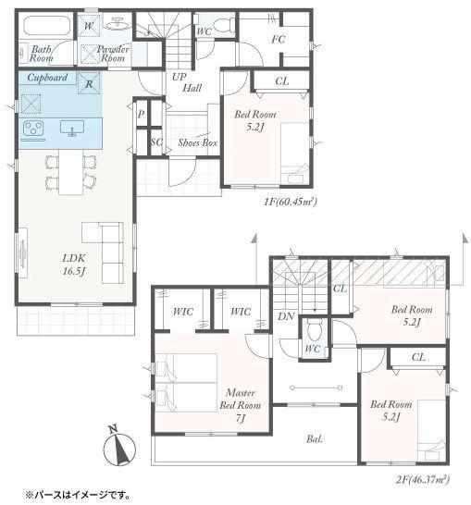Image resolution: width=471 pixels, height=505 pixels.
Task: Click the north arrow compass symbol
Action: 119,447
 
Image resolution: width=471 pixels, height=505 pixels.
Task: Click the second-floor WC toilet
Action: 313,329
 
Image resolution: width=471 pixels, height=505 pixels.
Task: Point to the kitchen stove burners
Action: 33,128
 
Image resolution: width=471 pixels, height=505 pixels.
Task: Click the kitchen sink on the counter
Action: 72,128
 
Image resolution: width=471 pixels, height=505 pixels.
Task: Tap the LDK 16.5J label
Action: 74,265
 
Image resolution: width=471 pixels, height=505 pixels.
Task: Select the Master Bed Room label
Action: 241,405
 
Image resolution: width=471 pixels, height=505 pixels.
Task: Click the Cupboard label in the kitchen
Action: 47,78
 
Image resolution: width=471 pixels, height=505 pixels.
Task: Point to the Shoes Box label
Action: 198,142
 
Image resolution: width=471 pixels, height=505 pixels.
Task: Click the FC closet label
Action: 279,39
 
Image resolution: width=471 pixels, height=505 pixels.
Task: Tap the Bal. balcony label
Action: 315,438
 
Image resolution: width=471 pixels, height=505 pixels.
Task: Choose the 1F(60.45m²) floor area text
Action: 291,202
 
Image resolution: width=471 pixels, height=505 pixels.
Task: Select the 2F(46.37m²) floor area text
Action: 422,480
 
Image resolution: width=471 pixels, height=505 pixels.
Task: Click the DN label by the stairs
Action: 286,316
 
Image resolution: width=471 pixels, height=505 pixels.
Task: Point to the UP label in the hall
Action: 179,77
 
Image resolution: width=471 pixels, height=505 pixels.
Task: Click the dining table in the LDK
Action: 71,172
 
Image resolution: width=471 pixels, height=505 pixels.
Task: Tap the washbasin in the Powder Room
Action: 117,23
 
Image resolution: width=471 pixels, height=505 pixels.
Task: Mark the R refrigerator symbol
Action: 89,83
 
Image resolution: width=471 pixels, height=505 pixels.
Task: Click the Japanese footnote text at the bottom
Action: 78,495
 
